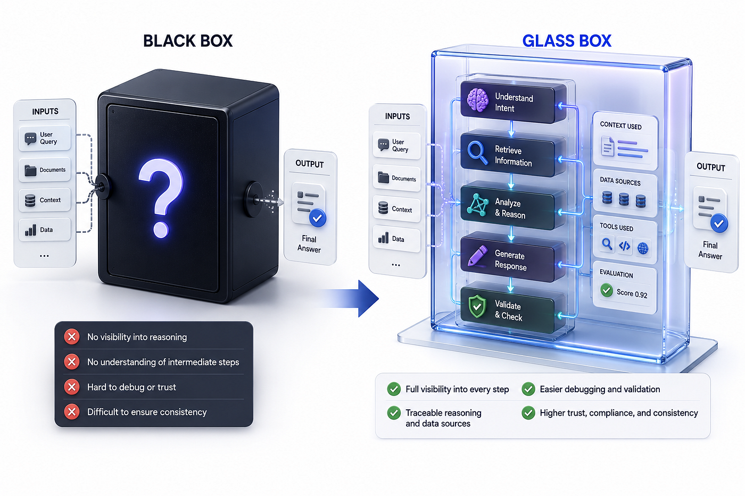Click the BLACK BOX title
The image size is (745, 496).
pyautogui.click(x=187, y=41)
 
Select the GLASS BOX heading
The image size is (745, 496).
pyautogui.click(x=567, y=41)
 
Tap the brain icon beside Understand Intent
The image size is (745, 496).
pyautogui.click(x=478, y=100)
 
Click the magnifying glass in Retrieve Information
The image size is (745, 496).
pyautogui.click(x=477, y=153)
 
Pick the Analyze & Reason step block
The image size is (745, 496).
pyautogui.click(x=511, y=207)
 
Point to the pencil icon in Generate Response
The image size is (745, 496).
pyautogui.click(x=477, y=255)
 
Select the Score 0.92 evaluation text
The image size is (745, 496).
pyautogui.click(x=632, y=293)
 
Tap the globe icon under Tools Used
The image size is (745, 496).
pyautogui.click(x=643, y=248)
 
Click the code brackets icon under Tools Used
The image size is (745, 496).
pyautogui.click(x=624, y=246)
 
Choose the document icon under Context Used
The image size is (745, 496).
pyautogui.click(x=608, y=146)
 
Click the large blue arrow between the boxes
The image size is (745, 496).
pyautogui.click(x=349, y=298)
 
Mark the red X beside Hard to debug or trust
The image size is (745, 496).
pyautogui.click(x=71, y=386)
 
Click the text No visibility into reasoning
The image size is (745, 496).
pyautogui.click(x=137, y=337)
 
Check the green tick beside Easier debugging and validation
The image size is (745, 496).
pyautogui.click(x=528, y=389)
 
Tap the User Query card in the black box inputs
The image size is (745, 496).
pyautogui.click(x=45, y=138)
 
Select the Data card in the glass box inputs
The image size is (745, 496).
pyautogui.click(x=396, y=238)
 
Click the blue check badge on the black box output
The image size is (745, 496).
pyautogui.click(x=317, y=218)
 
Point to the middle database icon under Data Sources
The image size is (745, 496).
pyautogui.click(x=624, y=199)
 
